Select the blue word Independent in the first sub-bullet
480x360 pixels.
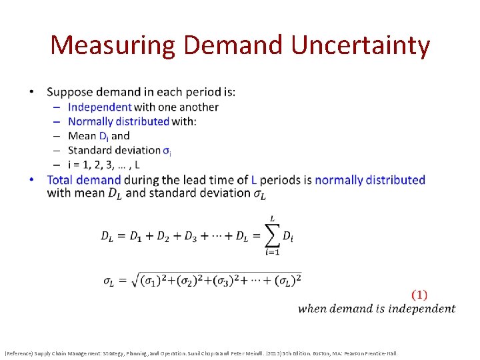(x=100, y=107)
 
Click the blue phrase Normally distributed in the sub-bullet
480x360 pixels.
(x=119, y=121)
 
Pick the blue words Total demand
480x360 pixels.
(x=84, y=179)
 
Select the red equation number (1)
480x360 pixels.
(x=419, y=294)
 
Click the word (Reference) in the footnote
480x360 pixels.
(x=21, y=353)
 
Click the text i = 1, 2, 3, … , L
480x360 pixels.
(x=104, y=165)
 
